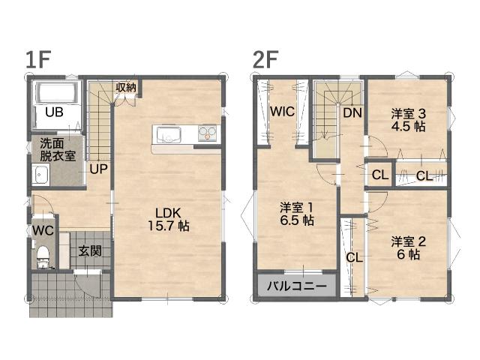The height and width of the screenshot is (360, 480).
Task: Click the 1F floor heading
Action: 38,60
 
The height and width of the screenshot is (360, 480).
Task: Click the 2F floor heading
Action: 265,60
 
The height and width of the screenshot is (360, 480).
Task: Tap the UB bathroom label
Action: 54,112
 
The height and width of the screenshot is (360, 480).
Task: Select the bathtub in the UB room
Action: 57,93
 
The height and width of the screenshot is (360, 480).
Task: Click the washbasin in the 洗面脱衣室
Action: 40,174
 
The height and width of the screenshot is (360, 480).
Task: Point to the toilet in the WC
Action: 43,257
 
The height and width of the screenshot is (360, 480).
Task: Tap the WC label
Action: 43,230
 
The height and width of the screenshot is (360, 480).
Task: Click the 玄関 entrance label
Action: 90,252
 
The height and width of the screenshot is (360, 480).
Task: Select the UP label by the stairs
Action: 98,169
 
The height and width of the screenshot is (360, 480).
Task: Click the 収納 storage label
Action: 126,88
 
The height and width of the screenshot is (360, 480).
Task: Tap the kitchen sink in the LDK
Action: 169,135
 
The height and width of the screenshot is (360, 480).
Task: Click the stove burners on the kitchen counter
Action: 207,133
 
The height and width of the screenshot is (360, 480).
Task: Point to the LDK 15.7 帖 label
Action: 169,219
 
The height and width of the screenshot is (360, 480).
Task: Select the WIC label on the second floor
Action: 282,112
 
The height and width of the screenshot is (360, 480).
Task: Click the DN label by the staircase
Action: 352,113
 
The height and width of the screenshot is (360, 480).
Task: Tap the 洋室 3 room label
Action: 408,114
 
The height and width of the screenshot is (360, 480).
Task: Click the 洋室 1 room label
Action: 297,208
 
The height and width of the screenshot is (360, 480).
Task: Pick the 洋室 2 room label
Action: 408,241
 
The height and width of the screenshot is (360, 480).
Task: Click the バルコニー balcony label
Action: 297,286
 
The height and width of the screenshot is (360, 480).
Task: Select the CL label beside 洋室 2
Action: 354,258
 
